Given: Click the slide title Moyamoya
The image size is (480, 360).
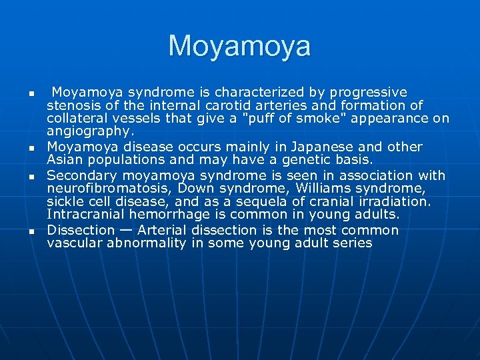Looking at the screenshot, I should (x=239, y=47).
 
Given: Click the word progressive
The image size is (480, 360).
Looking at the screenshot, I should (x=369, y=92).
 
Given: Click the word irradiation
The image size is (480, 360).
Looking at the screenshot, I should (x=393, y=201).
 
